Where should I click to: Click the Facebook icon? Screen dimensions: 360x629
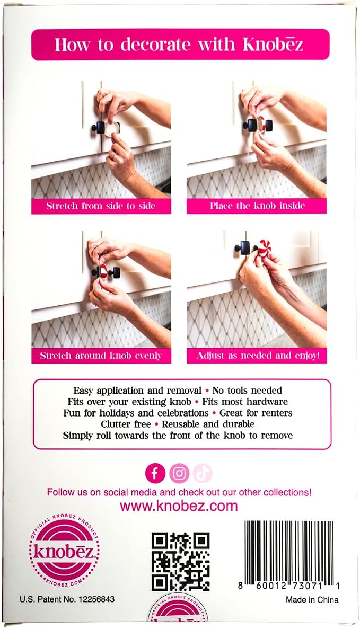pyautogui.click(x=155, y=474)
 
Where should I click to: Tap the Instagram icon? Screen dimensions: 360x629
pyautogui.click(x=179, y=474)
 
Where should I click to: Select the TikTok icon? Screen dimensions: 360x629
pyautogui.click(x=203, y=474)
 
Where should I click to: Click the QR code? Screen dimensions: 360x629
pyautogui.click(x=181, y=562)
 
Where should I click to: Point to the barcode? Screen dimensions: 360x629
pyautogui.click(x=289, y=555)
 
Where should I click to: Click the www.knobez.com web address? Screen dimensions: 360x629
pyautogui.click(x=179, y=506)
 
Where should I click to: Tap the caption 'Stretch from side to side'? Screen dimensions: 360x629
pyautogui.click(x=101, y=206)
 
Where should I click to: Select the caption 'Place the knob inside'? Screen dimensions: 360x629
pyautogui.click(x=257, y=206)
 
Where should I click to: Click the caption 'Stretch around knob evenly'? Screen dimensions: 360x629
pyautogui.click(x=101, y=356)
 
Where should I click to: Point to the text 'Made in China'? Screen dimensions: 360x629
pyautogui.click(x=312, y=600)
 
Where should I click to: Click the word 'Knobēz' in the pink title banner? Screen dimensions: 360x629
pyautogui.click(x=273, y=45)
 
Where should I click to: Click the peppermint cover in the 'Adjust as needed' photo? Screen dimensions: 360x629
pyautogui.click(x=264, y=247)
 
